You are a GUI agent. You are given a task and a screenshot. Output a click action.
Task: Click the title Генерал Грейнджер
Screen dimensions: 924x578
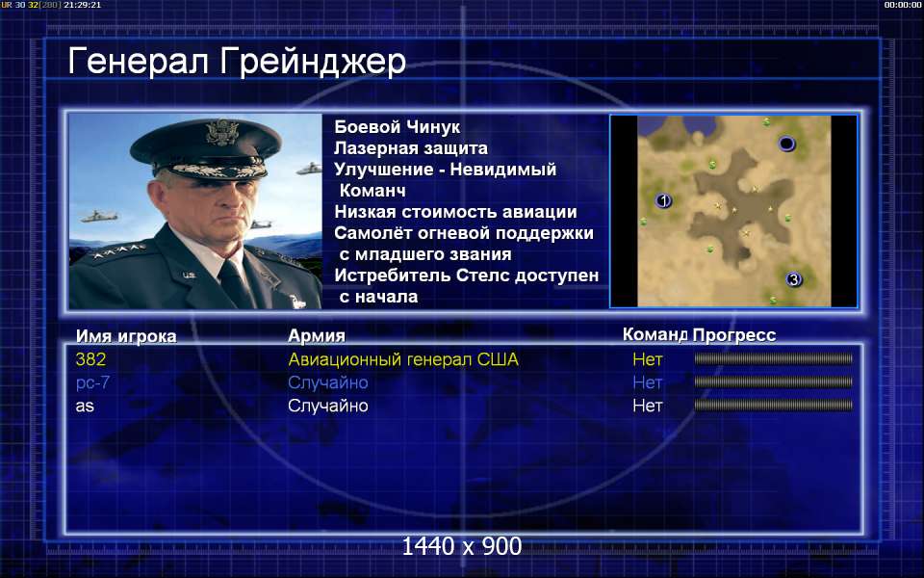click(x=237, y=63)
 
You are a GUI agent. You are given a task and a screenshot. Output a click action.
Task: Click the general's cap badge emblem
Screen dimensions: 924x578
click(x=222, y=132)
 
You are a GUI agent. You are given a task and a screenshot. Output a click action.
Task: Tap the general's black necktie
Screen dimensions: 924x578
click(x=234, y=285)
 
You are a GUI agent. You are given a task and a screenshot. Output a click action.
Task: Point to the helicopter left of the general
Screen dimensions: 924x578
click(x=98, y=217)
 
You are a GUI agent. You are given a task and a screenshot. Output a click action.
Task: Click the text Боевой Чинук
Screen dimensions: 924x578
click(x=398, y=127)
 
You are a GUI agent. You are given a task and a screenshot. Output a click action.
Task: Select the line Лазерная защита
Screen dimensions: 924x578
click(x=411, y=148)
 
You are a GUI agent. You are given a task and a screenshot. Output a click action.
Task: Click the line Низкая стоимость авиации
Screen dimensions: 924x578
click(x=455, y=212)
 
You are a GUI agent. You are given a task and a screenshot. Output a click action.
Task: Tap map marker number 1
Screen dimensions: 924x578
click(x=663, y=201)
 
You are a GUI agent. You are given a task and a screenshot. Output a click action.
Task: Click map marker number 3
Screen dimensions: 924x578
click(x=794, y=279)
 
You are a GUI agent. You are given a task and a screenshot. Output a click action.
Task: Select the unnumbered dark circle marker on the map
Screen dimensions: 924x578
click(x=786, y=144)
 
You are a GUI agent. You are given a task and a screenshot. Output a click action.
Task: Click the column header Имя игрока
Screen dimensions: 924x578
click(x=126, y=336)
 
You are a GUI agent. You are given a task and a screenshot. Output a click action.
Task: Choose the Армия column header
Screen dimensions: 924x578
click(x=317, y=335)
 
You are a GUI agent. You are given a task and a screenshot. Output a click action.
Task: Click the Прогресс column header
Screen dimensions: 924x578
click(x=734, y=335)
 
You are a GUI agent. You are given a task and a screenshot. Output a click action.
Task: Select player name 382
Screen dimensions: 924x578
click(x=90, y=359)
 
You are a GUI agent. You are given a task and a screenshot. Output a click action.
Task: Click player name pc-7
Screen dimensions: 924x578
click(x=92, y=382)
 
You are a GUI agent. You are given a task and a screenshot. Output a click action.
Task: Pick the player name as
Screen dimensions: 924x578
click(x=85, y=406)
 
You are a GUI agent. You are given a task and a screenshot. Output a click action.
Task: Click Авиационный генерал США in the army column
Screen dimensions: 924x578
click(x=403, y=359)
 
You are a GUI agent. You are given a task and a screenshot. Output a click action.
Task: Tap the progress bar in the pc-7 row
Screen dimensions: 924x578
click(x=773, y=382)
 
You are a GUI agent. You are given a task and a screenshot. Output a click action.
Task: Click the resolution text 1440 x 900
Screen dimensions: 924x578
click(x=461, y=546)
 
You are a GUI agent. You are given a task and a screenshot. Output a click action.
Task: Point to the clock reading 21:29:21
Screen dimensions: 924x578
click(x=82, y=5)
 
